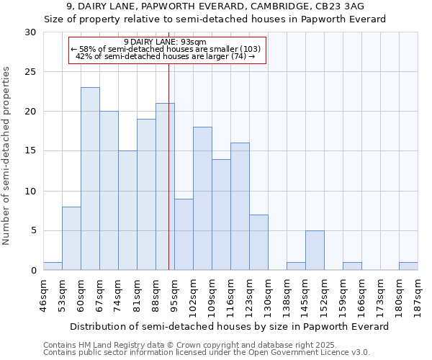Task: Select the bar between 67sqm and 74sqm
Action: click(109, 191)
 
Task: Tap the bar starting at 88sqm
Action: click(165, 186)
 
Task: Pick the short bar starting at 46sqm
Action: click(53, 266)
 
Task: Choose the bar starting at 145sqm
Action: click(315, 250)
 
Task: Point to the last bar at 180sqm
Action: click(408, 266)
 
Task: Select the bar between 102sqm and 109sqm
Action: click(202, 199)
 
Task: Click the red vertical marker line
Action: click(168, 180)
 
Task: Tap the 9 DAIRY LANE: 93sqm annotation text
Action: click(165, 42)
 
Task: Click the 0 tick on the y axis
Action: click(33, 270)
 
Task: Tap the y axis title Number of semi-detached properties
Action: click(7, 156)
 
